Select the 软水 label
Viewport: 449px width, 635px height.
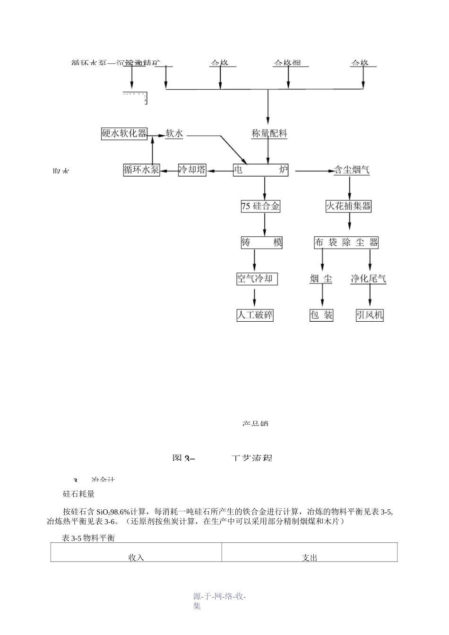174,134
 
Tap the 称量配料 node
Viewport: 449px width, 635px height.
269,134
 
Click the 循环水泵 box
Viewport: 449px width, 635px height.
141,170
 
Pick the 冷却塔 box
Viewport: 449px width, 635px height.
192,170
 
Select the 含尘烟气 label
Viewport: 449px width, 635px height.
352,170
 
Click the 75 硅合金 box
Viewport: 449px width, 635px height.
260,206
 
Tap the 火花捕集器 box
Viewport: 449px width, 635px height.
349,206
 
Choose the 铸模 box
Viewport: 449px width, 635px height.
262,243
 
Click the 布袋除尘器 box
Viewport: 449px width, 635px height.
346,243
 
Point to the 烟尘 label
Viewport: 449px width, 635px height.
321,279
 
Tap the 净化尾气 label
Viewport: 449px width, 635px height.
369,279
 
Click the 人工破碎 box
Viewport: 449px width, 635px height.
255,315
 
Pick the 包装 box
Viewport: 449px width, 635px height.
321,315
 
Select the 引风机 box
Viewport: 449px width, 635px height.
370,315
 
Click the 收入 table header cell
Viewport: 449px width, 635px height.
136,553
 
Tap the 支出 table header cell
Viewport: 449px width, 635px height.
310,553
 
